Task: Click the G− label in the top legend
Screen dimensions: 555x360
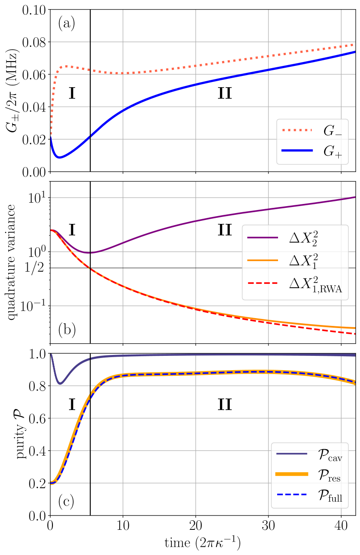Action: (332, 131)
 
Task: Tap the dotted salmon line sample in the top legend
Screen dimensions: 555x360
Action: (297, 130)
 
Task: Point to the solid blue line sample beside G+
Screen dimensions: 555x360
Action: (297, 150)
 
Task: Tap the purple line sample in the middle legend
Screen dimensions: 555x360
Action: (262, 237)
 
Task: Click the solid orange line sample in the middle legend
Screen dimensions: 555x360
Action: (262, 260)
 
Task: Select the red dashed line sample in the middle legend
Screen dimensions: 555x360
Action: (262, 283)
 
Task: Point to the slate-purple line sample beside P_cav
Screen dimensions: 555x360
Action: (291, 453)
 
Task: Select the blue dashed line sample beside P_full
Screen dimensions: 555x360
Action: (291, 495)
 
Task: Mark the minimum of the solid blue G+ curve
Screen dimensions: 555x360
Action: (59, 158)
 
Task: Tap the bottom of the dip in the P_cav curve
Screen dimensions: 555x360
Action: (60, 384)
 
